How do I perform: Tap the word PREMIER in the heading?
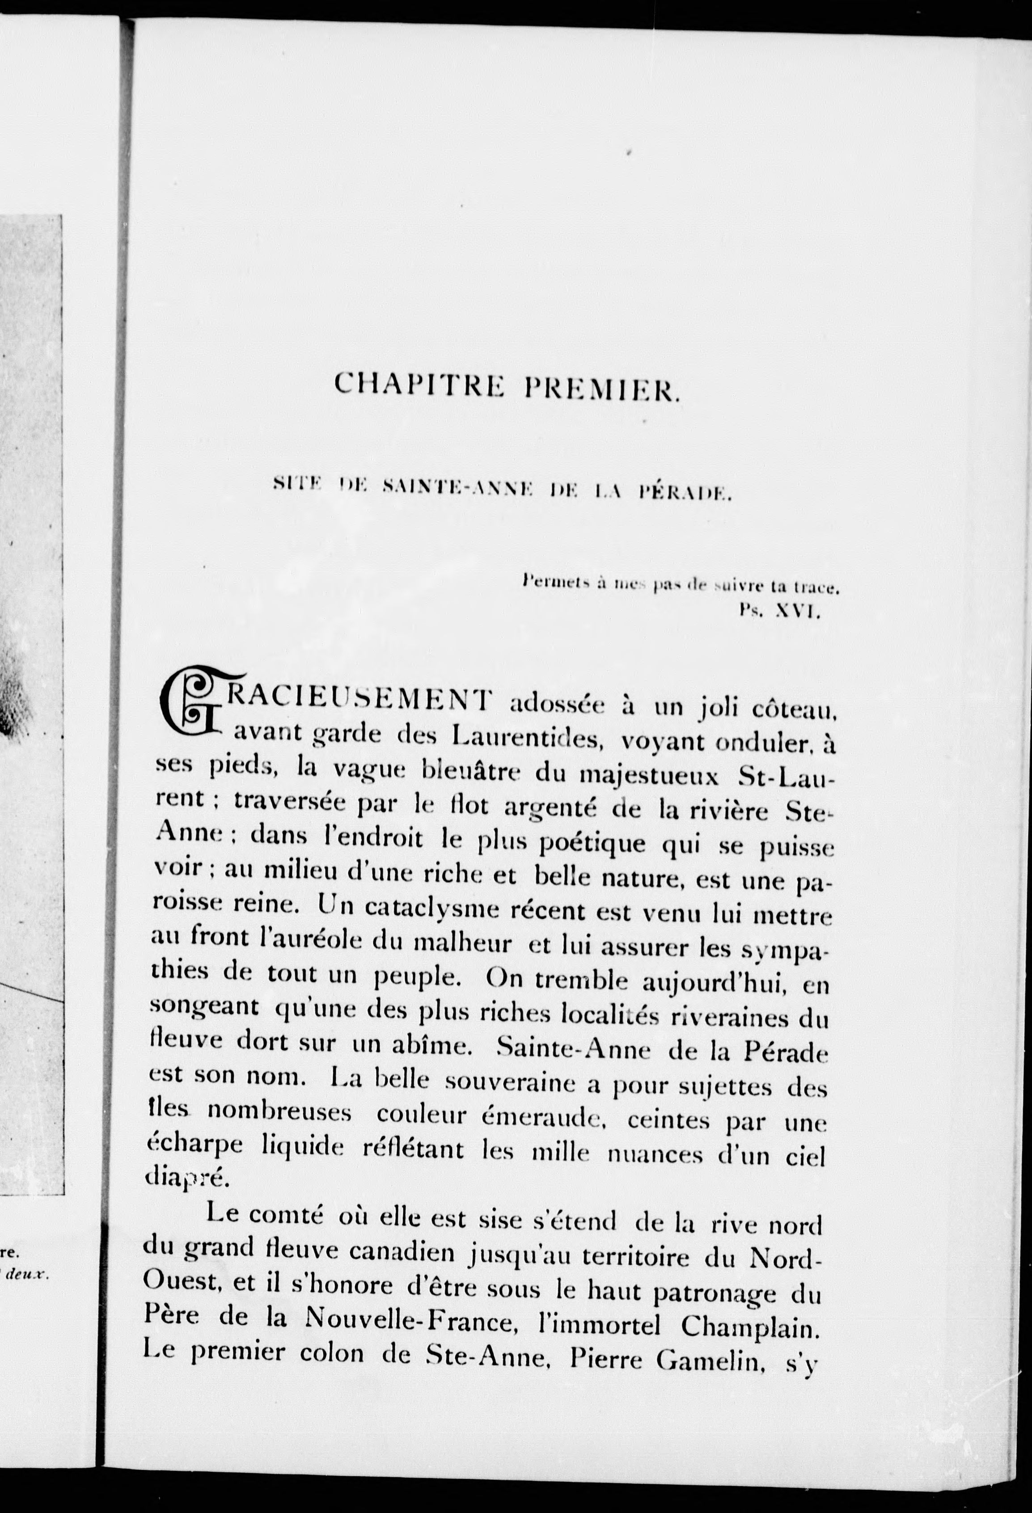coord(602,389)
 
